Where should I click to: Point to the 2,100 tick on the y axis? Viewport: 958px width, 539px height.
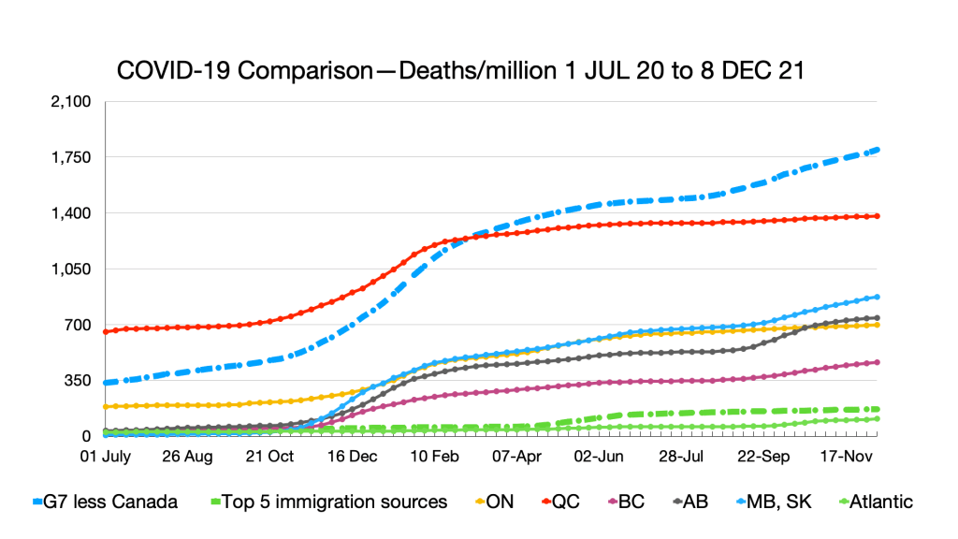pos(71,101)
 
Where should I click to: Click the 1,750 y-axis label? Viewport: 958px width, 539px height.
pos(71,157)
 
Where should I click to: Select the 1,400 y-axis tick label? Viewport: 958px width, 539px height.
pos(71,213)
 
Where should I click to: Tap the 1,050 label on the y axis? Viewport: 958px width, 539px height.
pos(71,269)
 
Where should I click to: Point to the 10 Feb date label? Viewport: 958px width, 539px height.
pos(432,458)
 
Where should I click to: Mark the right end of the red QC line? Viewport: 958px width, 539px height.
pos(878,216)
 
